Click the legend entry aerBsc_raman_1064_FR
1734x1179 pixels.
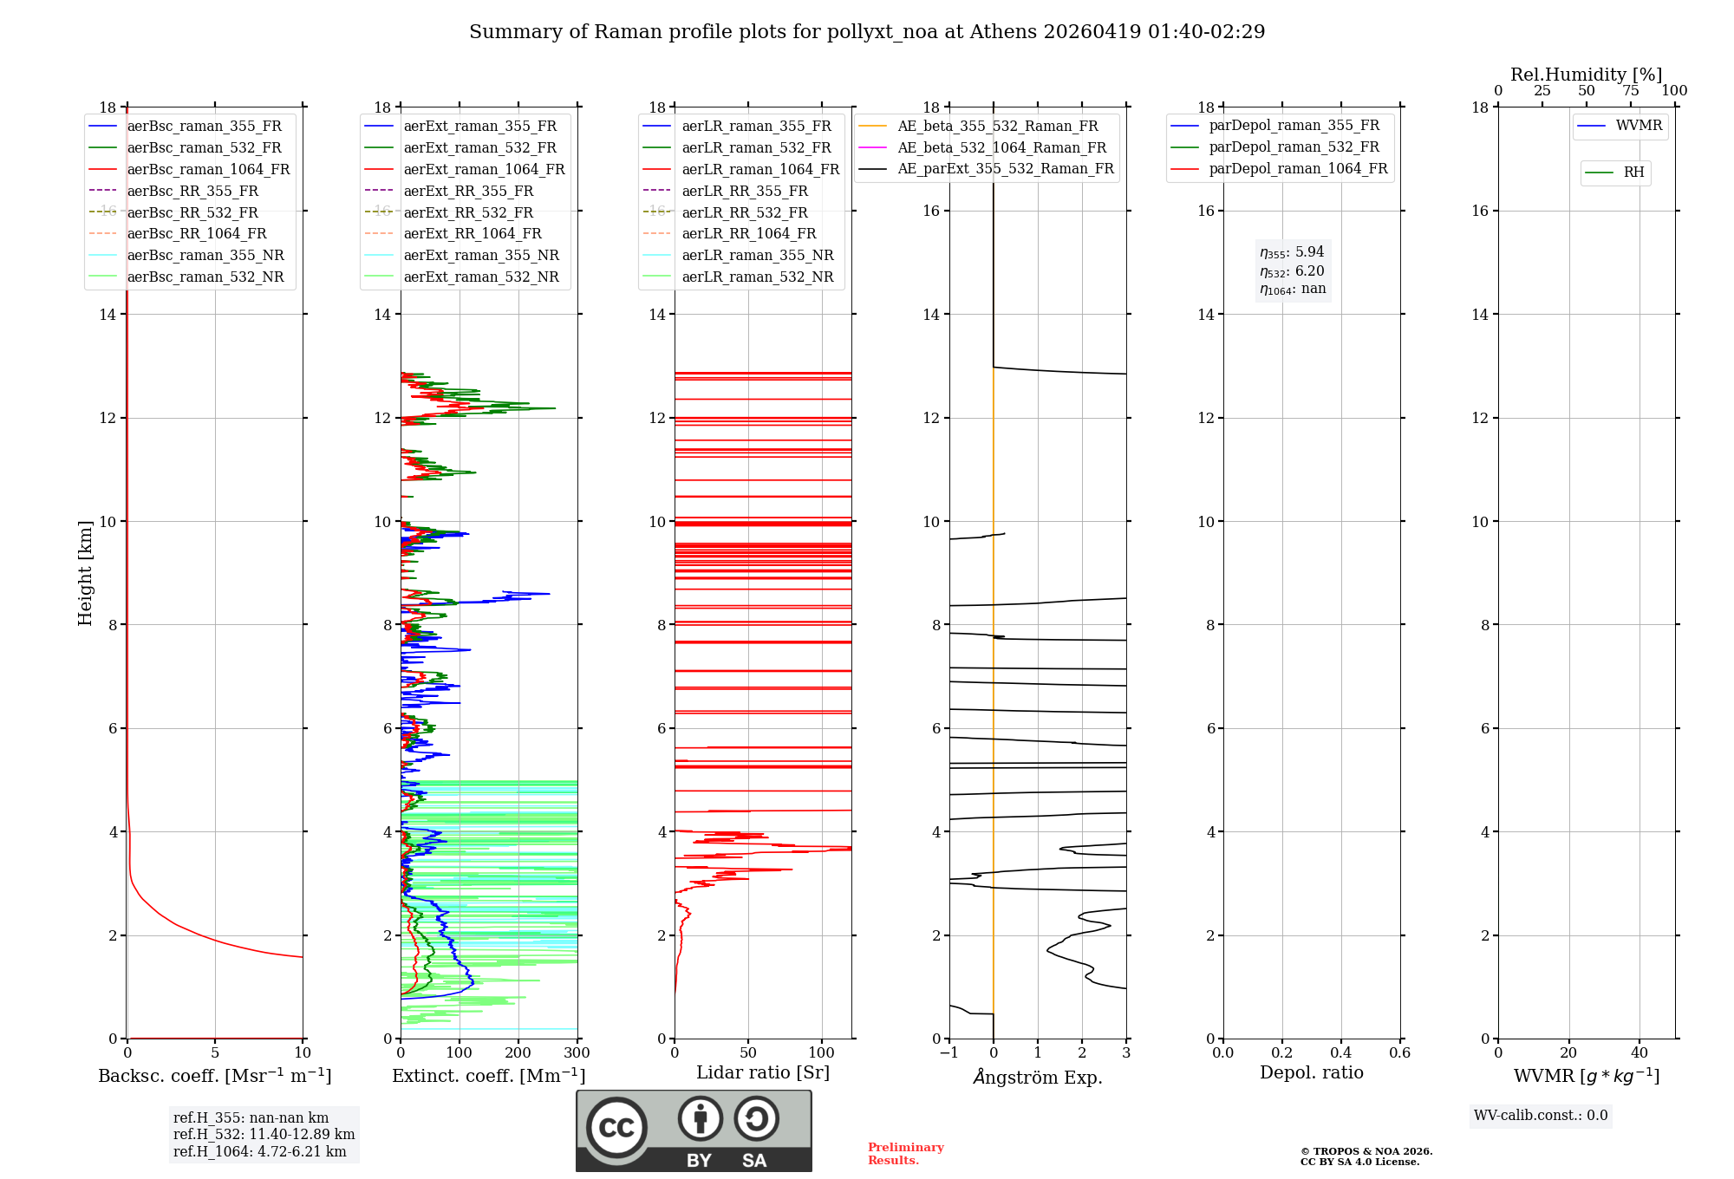tap(208, 169)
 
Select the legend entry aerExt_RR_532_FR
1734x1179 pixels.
tap(468, 212)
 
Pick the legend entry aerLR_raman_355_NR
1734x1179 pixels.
tap(757, 255)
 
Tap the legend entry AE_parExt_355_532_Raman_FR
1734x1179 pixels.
tap(1005, 168)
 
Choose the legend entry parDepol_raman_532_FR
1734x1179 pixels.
tap(1294, 147)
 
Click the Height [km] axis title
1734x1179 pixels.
tap(85, 572)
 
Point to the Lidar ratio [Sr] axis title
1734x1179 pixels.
tap(763, 1072)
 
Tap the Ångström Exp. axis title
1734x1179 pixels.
tap(1038, 1077)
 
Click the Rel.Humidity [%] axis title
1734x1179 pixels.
tap(1586, 75)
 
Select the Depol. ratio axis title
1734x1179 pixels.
tap(1311, 1072)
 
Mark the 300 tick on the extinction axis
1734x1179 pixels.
tap(577, 1052)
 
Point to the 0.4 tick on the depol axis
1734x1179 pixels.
tap(1340, 1052)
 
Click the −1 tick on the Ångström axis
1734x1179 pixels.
tap(948, 1052)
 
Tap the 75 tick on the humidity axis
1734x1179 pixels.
tap(1631, 91)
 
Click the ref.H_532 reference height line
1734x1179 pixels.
tap(264, 1134)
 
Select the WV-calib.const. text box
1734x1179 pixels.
tap(1541, 1116)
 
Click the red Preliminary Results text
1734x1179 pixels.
tap(905, 1154)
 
